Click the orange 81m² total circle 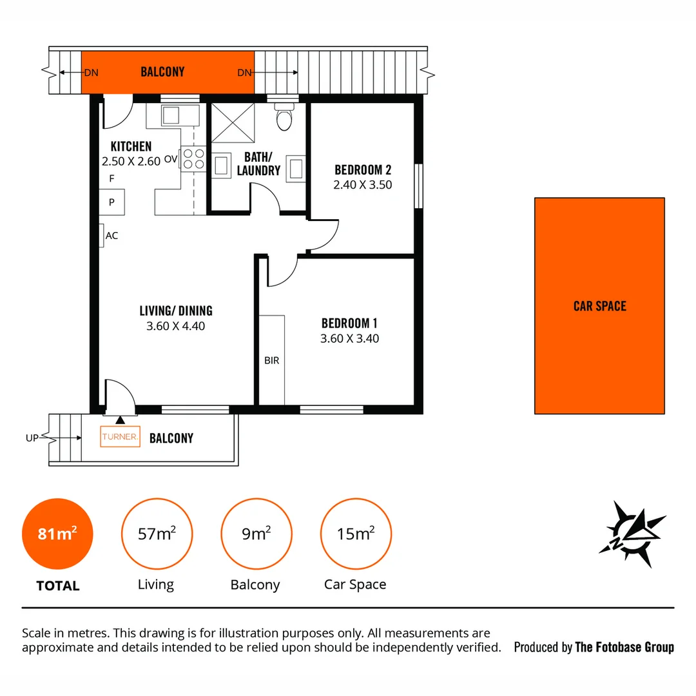(57, 534)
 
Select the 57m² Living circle (156, 534)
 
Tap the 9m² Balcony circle (256, 534)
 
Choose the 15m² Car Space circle (355, 534)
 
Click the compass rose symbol (632, 534)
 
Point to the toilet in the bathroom (283, 118)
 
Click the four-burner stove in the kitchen (193, 159)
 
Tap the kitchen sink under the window (171, 115)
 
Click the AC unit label (111, 235)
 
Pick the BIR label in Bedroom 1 (271, 360)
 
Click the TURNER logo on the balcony (120, 437)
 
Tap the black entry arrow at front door (120, 420)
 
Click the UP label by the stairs (32, 438)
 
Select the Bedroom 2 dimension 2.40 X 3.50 (363, 184)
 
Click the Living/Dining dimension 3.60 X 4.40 (175, 326)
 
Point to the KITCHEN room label (131, 146)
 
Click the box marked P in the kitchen (111, 202)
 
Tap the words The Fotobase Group (624, 647)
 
